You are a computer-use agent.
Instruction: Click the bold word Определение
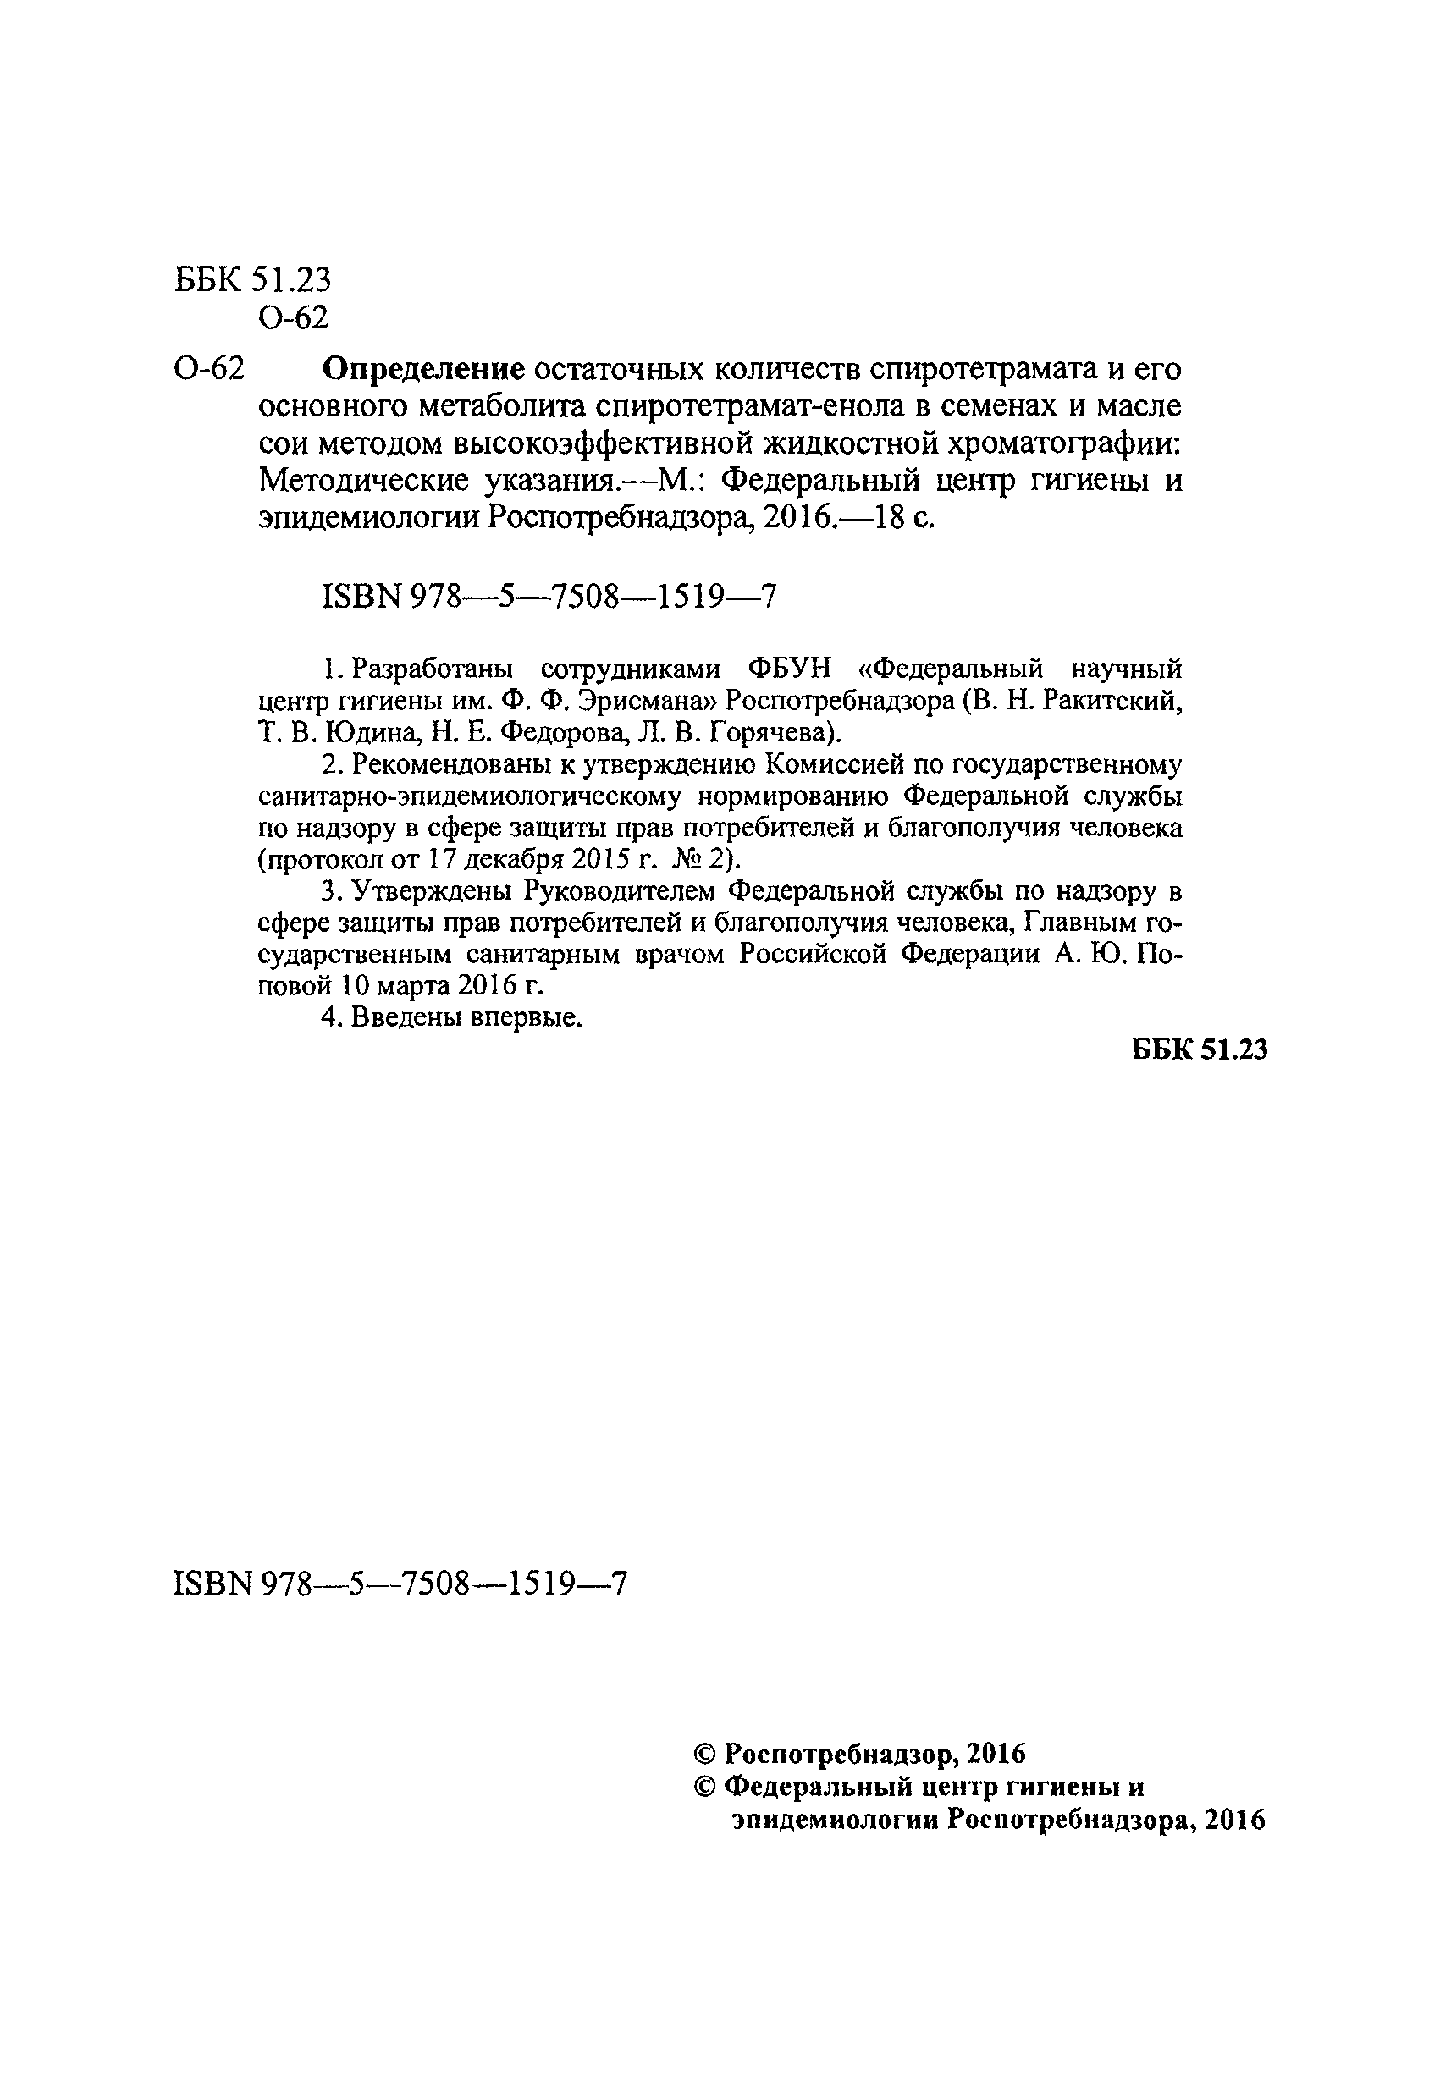[x=423, y=369]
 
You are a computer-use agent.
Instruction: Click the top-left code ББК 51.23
[x=253, y=281]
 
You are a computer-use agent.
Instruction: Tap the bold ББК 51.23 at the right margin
[x=1200, y=1049]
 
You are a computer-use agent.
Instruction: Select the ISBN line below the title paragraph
[x=549, y=597]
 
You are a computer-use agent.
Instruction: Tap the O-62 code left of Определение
[x=209, y=369]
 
